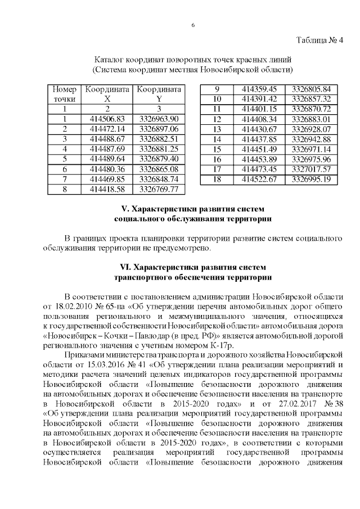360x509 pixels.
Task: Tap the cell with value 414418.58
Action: point(107,189)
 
